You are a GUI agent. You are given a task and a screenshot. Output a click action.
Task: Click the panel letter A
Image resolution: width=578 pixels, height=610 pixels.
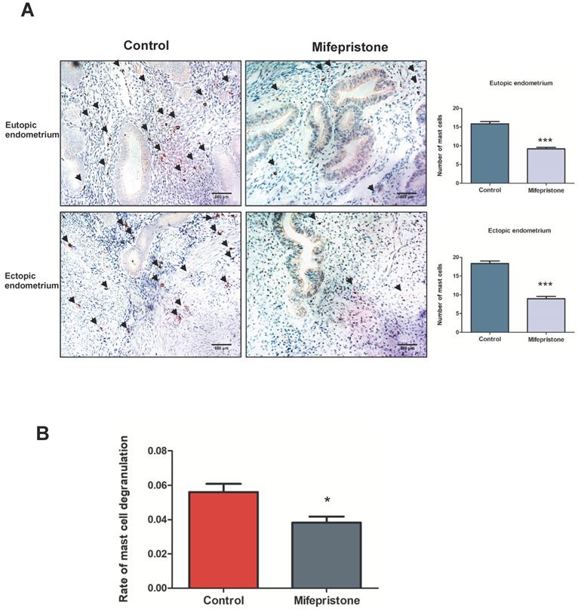point(27,13)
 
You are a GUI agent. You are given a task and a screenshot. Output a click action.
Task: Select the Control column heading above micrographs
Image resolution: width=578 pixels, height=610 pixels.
point(146,45)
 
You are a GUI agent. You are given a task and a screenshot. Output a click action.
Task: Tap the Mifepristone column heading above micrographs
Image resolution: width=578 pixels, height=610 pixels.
point(350,47)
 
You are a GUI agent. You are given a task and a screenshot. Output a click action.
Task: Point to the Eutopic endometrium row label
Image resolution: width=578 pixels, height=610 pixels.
point(31,131)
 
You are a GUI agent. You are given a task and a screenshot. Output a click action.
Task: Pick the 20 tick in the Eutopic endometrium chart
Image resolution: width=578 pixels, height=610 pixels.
point(455,109)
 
